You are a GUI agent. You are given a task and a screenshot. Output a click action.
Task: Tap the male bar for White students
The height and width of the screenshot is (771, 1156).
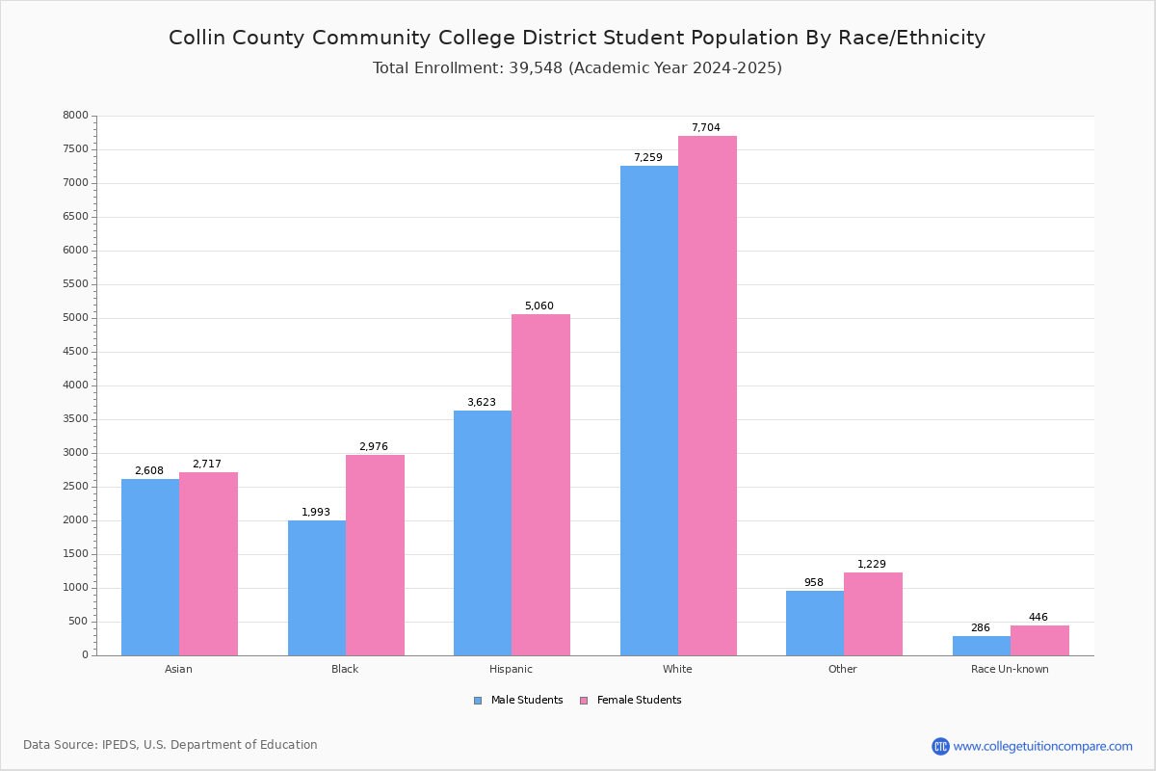(x=648, y=411)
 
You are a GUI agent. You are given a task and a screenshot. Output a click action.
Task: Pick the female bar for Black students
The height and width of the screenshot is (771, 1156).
(x=375, y=555)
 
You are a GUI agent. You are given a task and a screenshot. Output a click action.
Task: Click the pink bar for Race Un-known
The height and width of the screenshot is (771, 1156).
(x=1039, y=640)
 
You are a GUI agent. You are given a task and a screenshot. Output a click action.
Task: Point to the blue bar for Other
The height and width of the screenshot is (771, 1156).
(x=814, y=623)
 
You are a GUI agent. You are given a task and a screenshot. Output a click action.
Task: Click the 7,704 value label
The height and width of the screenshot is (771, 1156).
(x=705, y=128)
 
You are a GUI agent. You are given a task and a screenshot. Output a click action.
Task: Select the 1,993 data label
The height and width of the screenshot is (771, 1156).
(x=316, y=513)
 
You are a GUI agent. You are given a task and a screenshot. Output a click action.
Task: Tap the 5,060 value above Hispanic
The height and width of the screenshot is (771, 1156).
(x=539, y=306)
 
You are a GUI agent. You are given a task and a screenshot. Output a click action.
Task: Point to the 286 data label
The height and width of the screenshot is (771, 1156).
(x=980, y=628)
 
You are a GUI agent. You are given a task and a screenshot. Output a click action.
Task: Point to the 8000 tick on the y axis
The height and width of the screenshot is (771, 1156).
(x=75, y=116)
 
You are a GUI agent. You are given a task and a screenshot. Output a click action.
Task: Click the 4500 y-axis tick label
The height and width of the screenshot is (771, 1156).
(x=75, y=352)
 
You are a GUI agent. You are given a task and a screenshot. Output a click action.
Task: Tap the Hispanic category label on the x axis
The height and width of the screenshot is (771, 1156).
(x=511, y=669)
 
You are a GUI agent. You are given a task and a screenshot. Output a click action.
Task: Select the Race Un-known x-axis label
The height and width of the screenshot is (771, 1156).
(x=1010, y=669)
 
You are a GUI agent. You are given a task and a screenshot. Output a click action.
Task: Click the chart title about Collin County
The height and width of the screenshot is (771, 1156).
(x=577, y=38)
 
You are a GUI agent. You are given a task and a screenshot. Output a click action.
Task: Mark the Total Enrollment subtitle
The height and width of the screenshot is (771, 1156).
(x=577, y=68)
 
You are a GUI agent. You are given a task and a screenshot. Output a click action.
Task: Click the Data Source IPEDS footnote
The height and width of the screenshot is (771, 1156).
(x=171, y=745)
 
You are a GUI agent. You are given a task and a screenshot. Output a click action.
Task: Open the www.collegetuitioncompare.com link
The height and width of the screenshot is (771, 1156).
(x=1042, y=746)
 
